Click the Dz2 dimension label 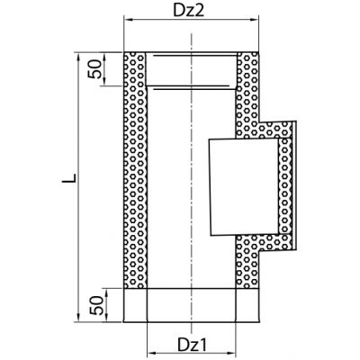point(189,11)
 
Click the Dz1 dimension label point(193,345)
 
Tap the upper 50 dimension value point(94,69)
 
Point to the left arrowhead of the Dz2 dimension point(129,20)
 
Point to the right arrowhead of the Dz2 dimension point(254,20)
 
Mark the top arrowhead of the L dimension point(78,57)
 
